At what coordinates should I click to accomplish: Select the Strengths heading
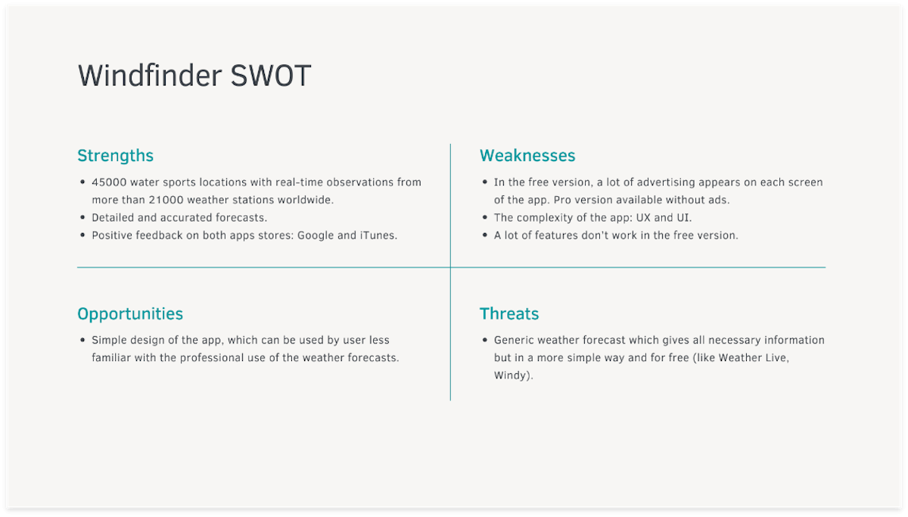click(115, 156)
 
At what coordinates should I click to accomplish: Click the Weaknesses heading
click(527, 156)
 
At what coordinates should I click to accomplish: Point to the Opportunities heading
click(130, 314)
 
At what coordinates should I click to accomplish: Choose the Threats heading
click(509, 314)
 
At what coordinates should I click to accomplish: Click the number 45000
click(109, 182)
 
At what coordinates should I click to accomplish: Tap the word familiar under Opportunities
click(111, 357)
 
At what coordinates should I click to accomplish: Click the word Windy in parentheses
click(512, 375)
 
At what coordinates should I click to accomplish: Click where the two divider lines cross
click(450, 267)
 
